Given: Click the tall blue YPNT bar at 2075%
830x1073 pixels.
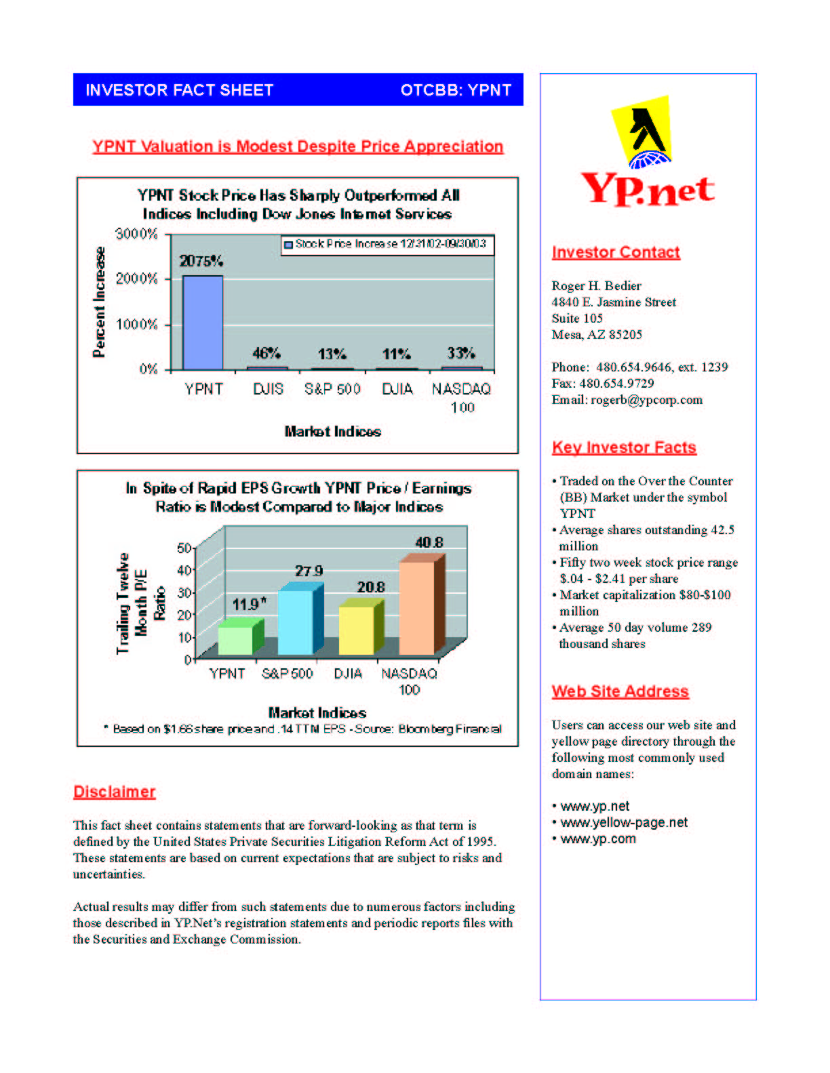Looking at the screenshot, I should pos(202,323).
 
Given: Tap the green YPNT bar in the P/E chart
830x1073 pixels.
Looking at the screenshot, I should pos(235,640).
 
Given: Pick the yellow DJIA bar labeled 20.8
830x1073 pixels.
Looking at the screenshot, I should pos(356,630).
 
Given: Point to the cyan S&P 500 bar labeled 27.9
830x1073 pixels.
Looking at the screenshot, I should pos(296,622).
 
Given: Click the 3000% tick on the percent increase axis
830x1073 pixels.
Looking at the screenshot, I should pos(137,234).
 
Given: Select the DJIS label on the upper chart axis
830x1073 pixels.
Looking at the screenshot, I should pos(268,389).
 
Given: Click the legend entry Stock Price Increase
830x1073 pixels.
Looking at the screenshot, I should pos(387,244).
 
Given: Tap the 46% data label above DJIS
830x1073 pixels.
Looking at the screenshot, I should pos(266,353).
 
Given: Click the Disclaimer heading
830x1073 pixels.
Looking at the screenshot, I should pos(115,792).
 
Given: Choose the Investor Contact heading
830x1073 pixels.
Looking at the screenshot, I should pos(616,252).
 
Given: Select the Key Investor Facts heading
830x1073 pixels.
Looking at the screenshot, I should pos(624,447).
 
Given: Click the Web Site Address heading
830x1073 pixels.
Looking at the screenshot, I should pos(620,691).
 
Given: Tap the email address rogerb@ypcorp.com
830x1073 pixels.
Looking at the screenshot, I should pos(646,400).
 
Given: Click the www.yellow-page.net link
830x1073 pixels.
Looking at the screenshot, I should pos(624,822).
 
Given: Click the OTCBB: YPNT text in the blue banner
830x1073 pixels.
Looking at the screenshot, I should pos(456,90).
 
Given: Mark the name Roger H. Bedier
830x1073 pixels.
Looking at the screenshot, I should pos(597,285).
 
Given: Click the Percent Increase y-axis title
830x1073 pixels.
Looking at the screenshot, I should pos(100,302).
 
